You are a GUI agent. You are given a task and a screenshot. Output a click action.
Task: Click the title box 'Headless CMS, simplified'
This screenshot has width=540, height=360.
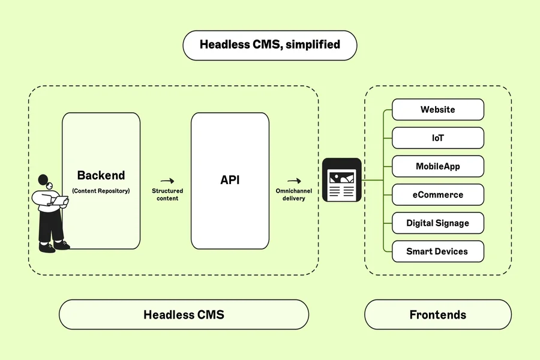pyautogui.click(x=269, y=45)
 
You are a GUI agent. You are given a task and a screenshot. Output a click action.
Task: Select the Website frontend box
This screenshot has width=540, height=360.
pyautogui.click(x=437, y=110)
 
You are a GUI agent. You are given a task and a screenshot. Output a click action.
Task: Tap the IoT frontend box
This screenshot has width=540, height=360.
pyautogui.click(x=437, y=138)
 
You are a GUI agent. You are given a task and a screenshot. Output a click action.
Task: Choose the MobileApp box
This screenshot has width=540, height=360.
pyautogui.click(x=437, y=166)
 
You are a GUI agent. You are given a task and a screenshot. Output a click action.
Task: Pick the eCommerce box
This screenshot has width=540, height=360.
pyautogui.click(x=437, y=195)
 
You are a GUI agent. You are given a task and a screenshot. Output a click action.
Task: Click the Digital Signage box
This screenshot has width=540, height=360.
pyautogui.click(x=437, y=223)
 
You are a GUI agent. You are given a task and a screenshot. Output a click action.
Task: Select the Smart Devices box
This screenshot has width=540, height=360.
pyautogui.click(x=437, y=251)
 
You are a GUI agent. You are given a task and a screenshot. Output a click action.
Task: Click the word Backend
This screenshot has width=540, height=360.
pyautogui.click(x=101, y=176)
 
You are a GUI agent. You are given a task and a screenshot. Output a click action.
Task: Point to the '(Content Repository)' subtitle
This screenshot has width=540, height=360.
pyautogui.click(x=101, y=191)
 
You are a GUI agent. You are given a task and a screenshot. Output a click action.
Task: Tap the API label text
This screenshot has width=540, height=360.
pyautogui.click(x=230, y=180)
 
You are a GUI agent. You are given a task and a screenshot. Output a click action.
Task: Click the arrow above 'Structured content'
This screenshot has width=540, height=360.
pyautogui.click(x=167, y=181)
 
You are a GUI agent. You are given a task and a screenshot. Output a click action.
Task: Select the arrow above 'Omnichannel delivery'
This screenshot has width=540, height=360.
pyautogui.click(x=293, y=181)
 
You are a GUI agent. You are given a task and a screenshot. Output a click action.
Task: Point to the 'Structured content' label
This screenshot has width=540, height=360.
pyautogui.click(x=167, y=194)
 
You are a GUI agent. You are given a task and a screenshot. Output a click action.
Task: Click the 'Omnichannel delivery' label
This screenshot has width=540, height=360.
pyautogui.click(x=293, y=194)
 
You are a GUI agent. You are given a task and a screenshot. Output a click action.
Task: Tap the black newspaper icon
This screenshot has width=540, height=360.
pyautogui.click(x=342, y=180)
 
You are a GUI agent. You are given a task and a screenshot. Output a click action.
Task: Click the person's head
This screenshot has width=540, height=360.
pyautogui.click(x=44, y=181)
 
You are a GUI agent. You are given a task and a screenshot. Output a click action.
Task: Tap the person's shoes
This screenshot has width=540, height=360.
pyautogui.click(x=54, y=245)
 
